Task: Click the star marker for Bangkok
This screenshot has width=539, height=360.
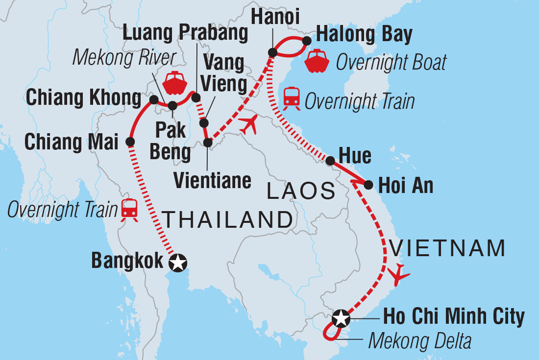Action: tap(177, 264)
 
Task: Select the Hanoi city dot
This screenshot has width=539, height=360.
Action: tap(272, 52)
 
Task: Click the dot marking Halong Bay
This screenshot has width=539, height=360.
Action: tap(307, 41)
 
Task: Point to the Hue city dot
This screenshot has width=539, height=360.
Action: tap(330, 160)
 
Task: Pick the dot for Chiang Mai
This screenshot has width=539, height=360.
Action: tap(130, 142)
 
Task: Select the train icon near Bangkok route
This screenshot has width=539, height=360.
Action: tap(129, 209)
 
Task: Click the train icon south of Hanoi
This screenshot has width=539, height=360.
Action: tap(292, 96)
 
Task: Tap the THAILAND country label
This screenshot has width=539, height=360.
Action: tap(227, 220)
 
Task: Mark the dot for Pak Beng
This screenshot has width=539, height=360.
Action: tap(172, 105)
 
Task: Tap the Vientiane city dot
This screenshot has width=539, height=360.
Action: tap(208, 143)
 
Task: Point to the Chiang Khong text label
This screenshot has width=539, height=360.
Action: tap(83, 98)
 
